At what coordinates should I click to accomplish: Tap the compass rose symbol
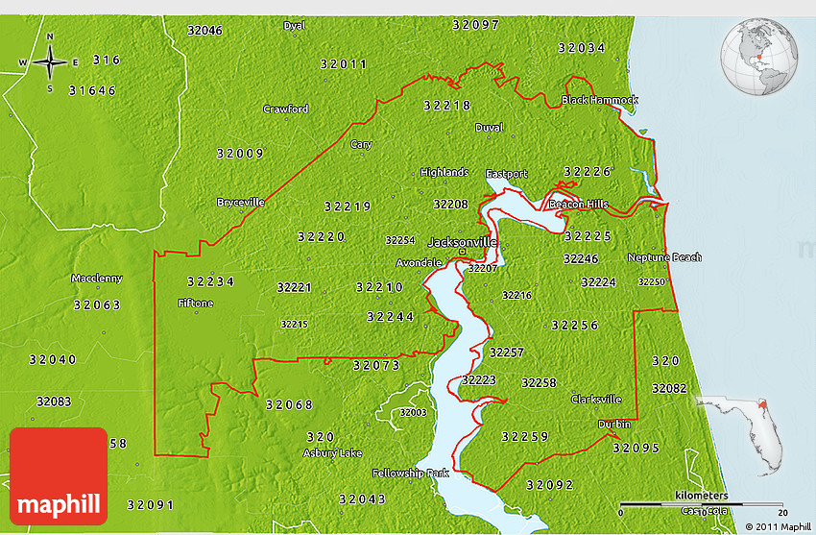coord(49,62)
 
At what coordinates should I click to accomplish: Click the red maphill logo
coord(59,475)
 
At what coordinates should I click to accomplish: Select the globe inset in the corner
coord(759,57)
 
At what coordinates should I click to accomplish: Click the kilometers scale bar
coord(702,503)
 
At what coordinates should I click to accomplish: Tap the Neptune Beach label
coord(664,257)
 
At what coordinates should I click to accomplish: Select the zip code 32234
coord(210,281)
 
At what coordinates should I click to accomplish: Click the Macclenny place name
coord(97,279)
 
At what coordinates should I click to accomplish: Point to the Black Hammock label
coord(600,100)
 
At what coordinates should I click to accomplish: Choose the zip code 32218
coord(446,106)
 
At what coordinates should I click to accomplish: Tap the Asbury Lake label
coord(333,452)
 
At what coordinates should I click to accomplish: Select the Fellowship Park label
coord(410,474)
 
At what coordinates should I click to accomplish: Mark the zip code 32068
coord(289,404)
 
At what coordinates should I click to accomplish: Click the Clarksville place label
coord(596,400)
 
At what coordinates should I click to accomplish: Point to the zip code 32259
coord(525,437)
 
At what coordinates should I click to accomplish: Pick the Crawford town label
coord(286,109)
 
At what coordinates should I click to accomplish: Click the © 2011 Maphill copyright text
coord(777,525)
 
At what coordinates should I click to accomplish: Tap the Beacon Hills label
coord(578,205)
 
